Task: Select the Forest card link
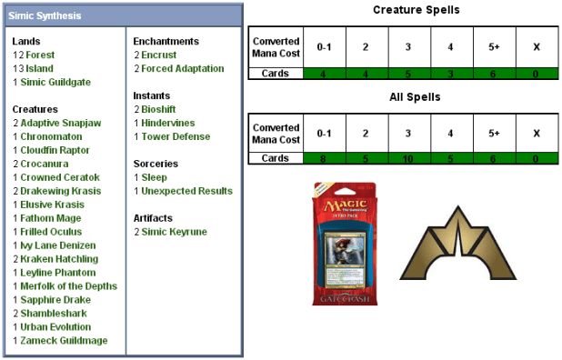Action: pyautogui.click(x=40, y=55)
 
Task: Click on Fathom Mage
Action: pyautogui.click(x=51, y=218)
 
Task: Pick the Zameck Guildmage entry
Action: pyautogui.click(x=64, y=341)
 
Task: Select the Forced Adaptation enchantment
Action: pyautogui.click(x=182, y=68)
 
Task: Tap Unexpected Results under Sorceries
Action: pyautogui.click(x=186, y=191)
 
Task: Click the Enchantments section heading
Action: pyautogui.click(x=166, y=41)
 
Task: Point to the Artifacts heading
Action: pyautogui.click(x=156, y=218)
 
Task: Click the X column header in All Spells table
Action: pyautogui.click(x=537, y=133)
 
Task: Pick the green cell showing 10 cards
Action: pyautogui.click(x=408, y=157)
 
